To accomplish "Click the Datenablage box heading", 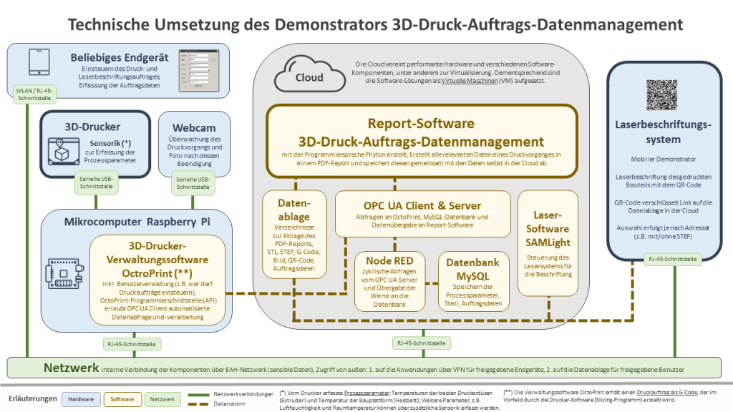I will pos(293,210).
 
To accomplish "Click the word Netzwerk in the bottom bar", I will pos(69,368).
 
